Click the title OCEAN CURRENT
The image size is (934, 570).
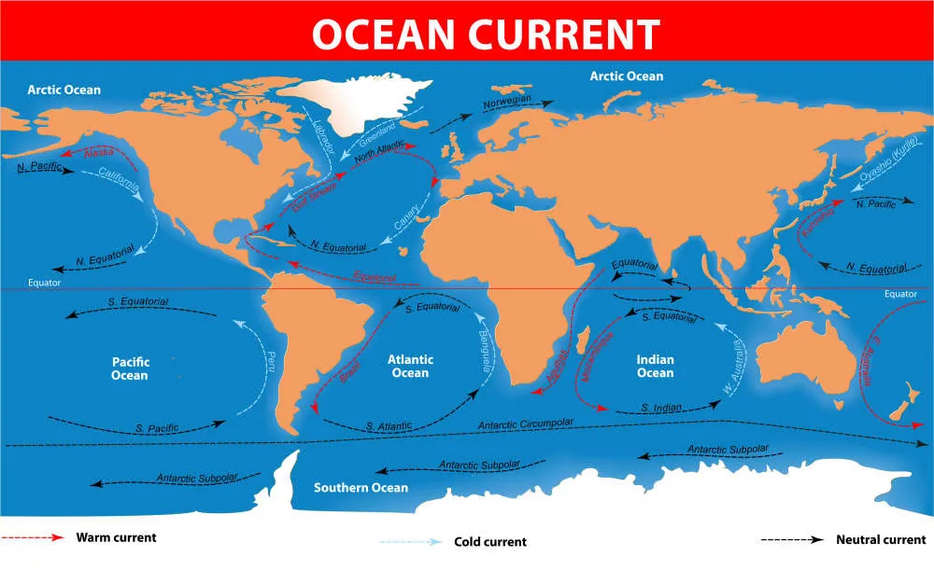pos(467,32)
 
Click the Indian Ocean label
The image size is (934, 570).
pos(655,367)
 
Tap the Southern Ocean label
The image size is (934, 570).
pos(361,488)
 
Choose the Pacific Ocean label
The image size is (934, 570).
pos(130,368)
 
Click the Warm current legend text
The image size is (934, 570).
pos(116,537)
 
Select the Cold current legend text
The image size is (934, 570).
pos(490,542)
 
